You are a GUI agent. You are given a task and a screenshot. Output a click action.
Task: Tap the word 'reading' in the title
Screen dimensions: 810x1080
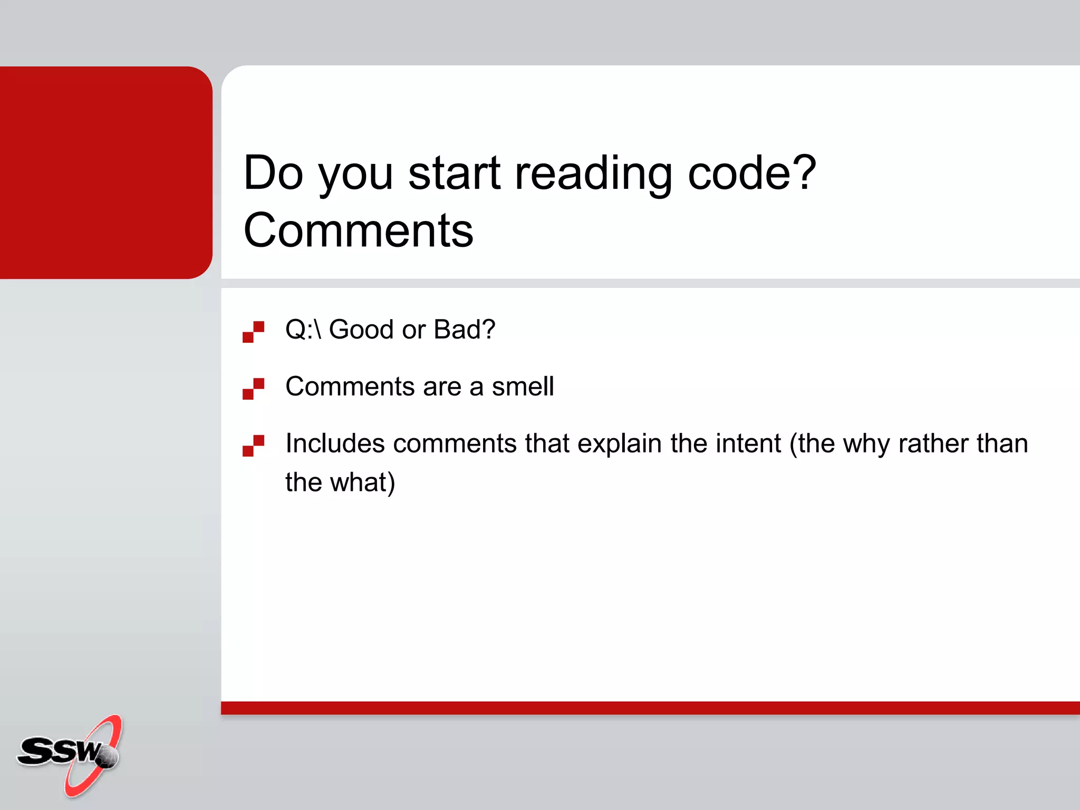click(593, 174)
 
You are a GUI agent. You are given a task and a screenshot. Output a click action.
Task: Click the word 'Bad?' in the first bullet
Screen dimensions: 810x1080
click(464, 330)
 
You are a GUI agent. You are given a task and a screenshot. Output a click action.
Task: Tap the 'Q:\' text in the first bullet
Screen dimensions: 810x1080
click(303, 330)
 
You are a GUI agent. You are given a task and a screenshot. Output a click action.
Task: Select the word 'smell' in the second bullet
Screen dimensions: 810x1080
click(523, 387)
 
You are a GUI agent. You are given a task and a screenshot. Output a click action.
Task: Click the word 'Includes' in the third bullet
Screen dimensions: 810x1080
click(335, 443)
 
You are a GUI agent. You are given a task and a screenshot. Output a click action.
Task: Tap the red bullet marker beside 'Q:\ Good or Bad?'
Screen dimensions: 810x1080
click(253, 332)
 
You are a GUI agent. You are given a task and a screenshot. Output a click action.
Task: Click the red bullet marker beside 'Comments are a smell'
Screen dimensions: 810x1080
click(253, 389)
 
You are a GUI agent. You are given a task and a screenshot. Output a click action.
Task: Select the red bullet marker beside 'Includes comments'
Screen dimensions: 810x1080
click(253, 446)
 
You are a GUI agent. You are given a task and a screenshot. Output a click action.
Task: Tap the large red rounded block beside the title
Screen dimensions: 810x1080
click(105, 172)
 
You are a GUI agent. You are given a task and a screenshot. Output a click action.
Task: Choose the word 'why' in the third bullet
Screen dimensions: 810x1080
click(866, 444)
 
